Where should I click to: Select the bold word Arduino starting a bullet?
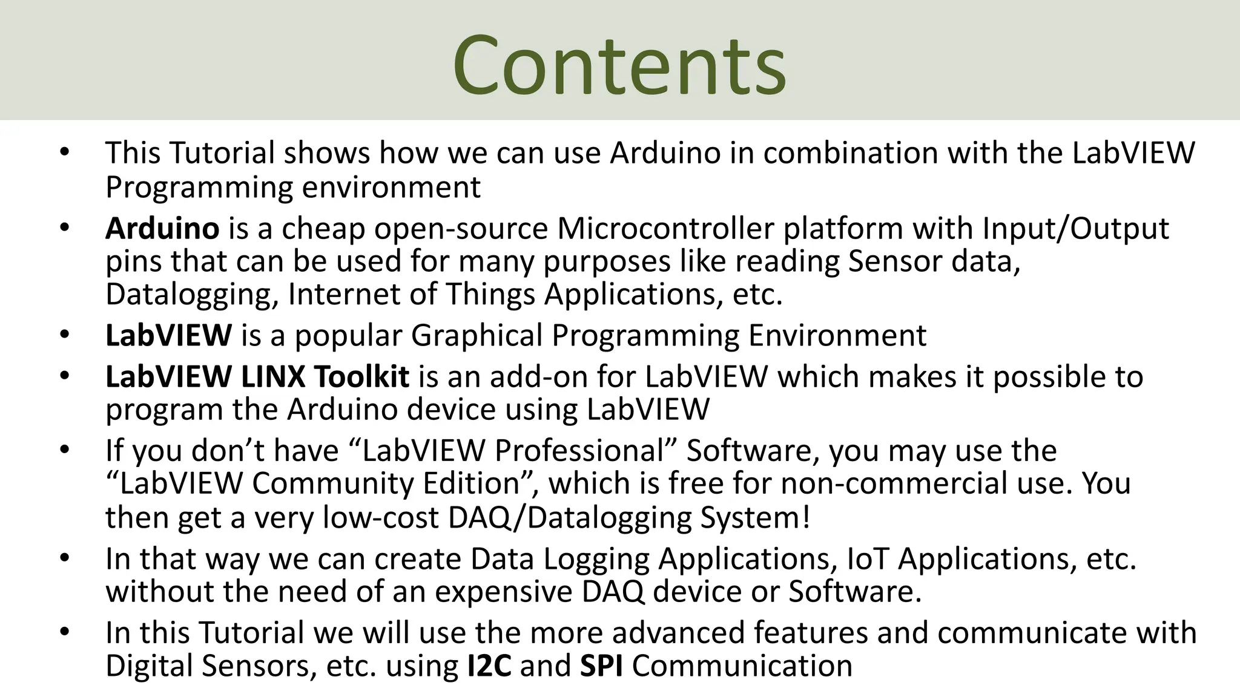[x=162, y=229]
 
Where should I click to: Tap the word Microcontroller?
[x=665, y=229]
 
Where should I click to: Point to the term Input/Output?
[x=1075, y=229]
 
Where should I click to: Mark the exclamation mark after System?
[x=805, y=518]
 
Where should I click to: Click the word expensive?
[x=503, y=592]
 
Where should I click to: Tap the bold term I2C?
[x=489, y=666]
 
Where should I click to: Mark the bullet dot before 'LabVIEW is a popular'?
[x=65, y=335]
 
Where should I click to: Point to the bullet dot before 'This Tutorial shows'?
[x=65, y=152]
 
